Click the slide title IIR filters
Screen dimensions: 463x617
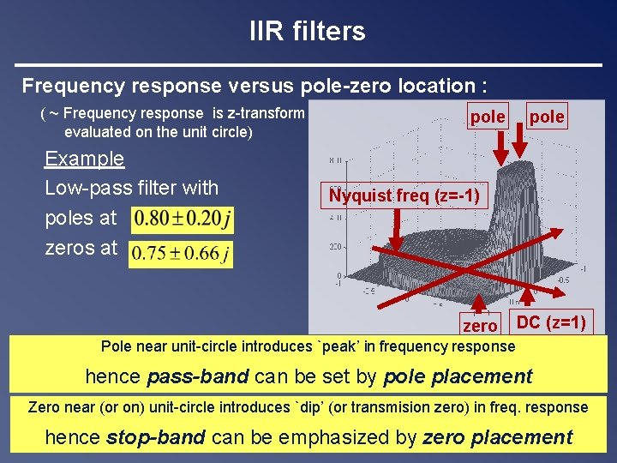[307, 32]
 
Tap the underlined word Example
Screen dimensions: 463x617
[84, 159]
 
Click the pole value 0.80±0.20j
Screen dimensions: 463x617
[182, 219]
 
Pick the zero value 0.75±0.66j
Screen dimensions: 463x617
[180, 254]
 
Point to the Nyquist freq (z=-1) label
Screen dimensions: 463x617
[404, 196]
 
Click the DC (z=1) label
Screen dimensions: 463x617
[552, 322]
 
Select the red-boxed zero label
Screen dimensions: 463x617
[479, 325]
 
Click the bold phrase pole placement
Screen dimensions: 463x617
[458, 376]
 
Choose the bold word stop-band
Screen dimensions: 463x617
[155, 437]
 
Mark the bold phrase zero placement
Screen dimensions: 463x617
[497, 437]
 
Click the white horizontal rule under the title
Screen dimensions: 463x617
[308, 65]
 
